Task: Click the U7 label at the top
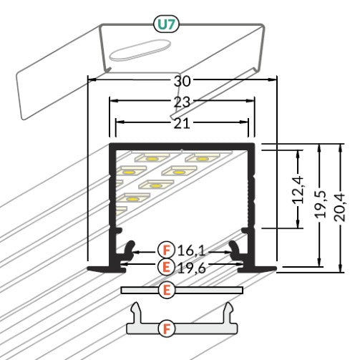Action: coord(166,25)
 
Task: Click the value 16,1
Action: coord(191,250)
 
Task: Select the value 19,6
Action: coord(191,268)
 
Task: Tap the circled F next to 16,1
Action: coord(167,250)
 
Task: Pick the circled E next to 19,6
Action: coord(167,268)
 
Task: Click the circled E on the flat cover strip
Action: coord(167,290)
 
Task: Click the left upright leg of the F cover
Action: coord(135,312)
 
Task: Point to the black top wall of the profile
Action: coord(182,147)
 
